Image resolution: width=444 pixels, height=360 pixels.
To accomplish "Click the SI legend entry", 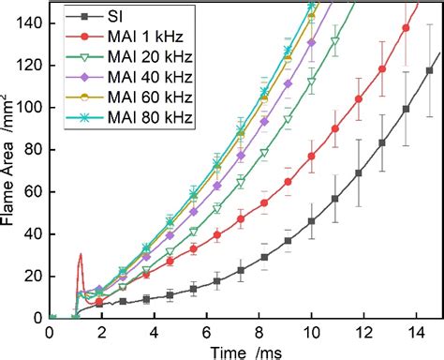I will (122, 16).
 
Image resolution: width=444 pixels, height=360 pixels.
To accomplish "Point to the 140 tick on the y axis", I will (34, 24).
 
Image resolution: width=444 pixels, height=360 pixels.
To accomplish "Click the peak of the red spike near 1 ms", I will (81, 254).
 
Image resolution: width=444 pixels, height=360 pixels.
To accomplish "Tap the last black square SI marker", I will (431, 70).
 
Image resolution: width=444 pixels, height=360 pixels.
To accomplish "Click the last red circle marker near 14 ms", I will (406, 27).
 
